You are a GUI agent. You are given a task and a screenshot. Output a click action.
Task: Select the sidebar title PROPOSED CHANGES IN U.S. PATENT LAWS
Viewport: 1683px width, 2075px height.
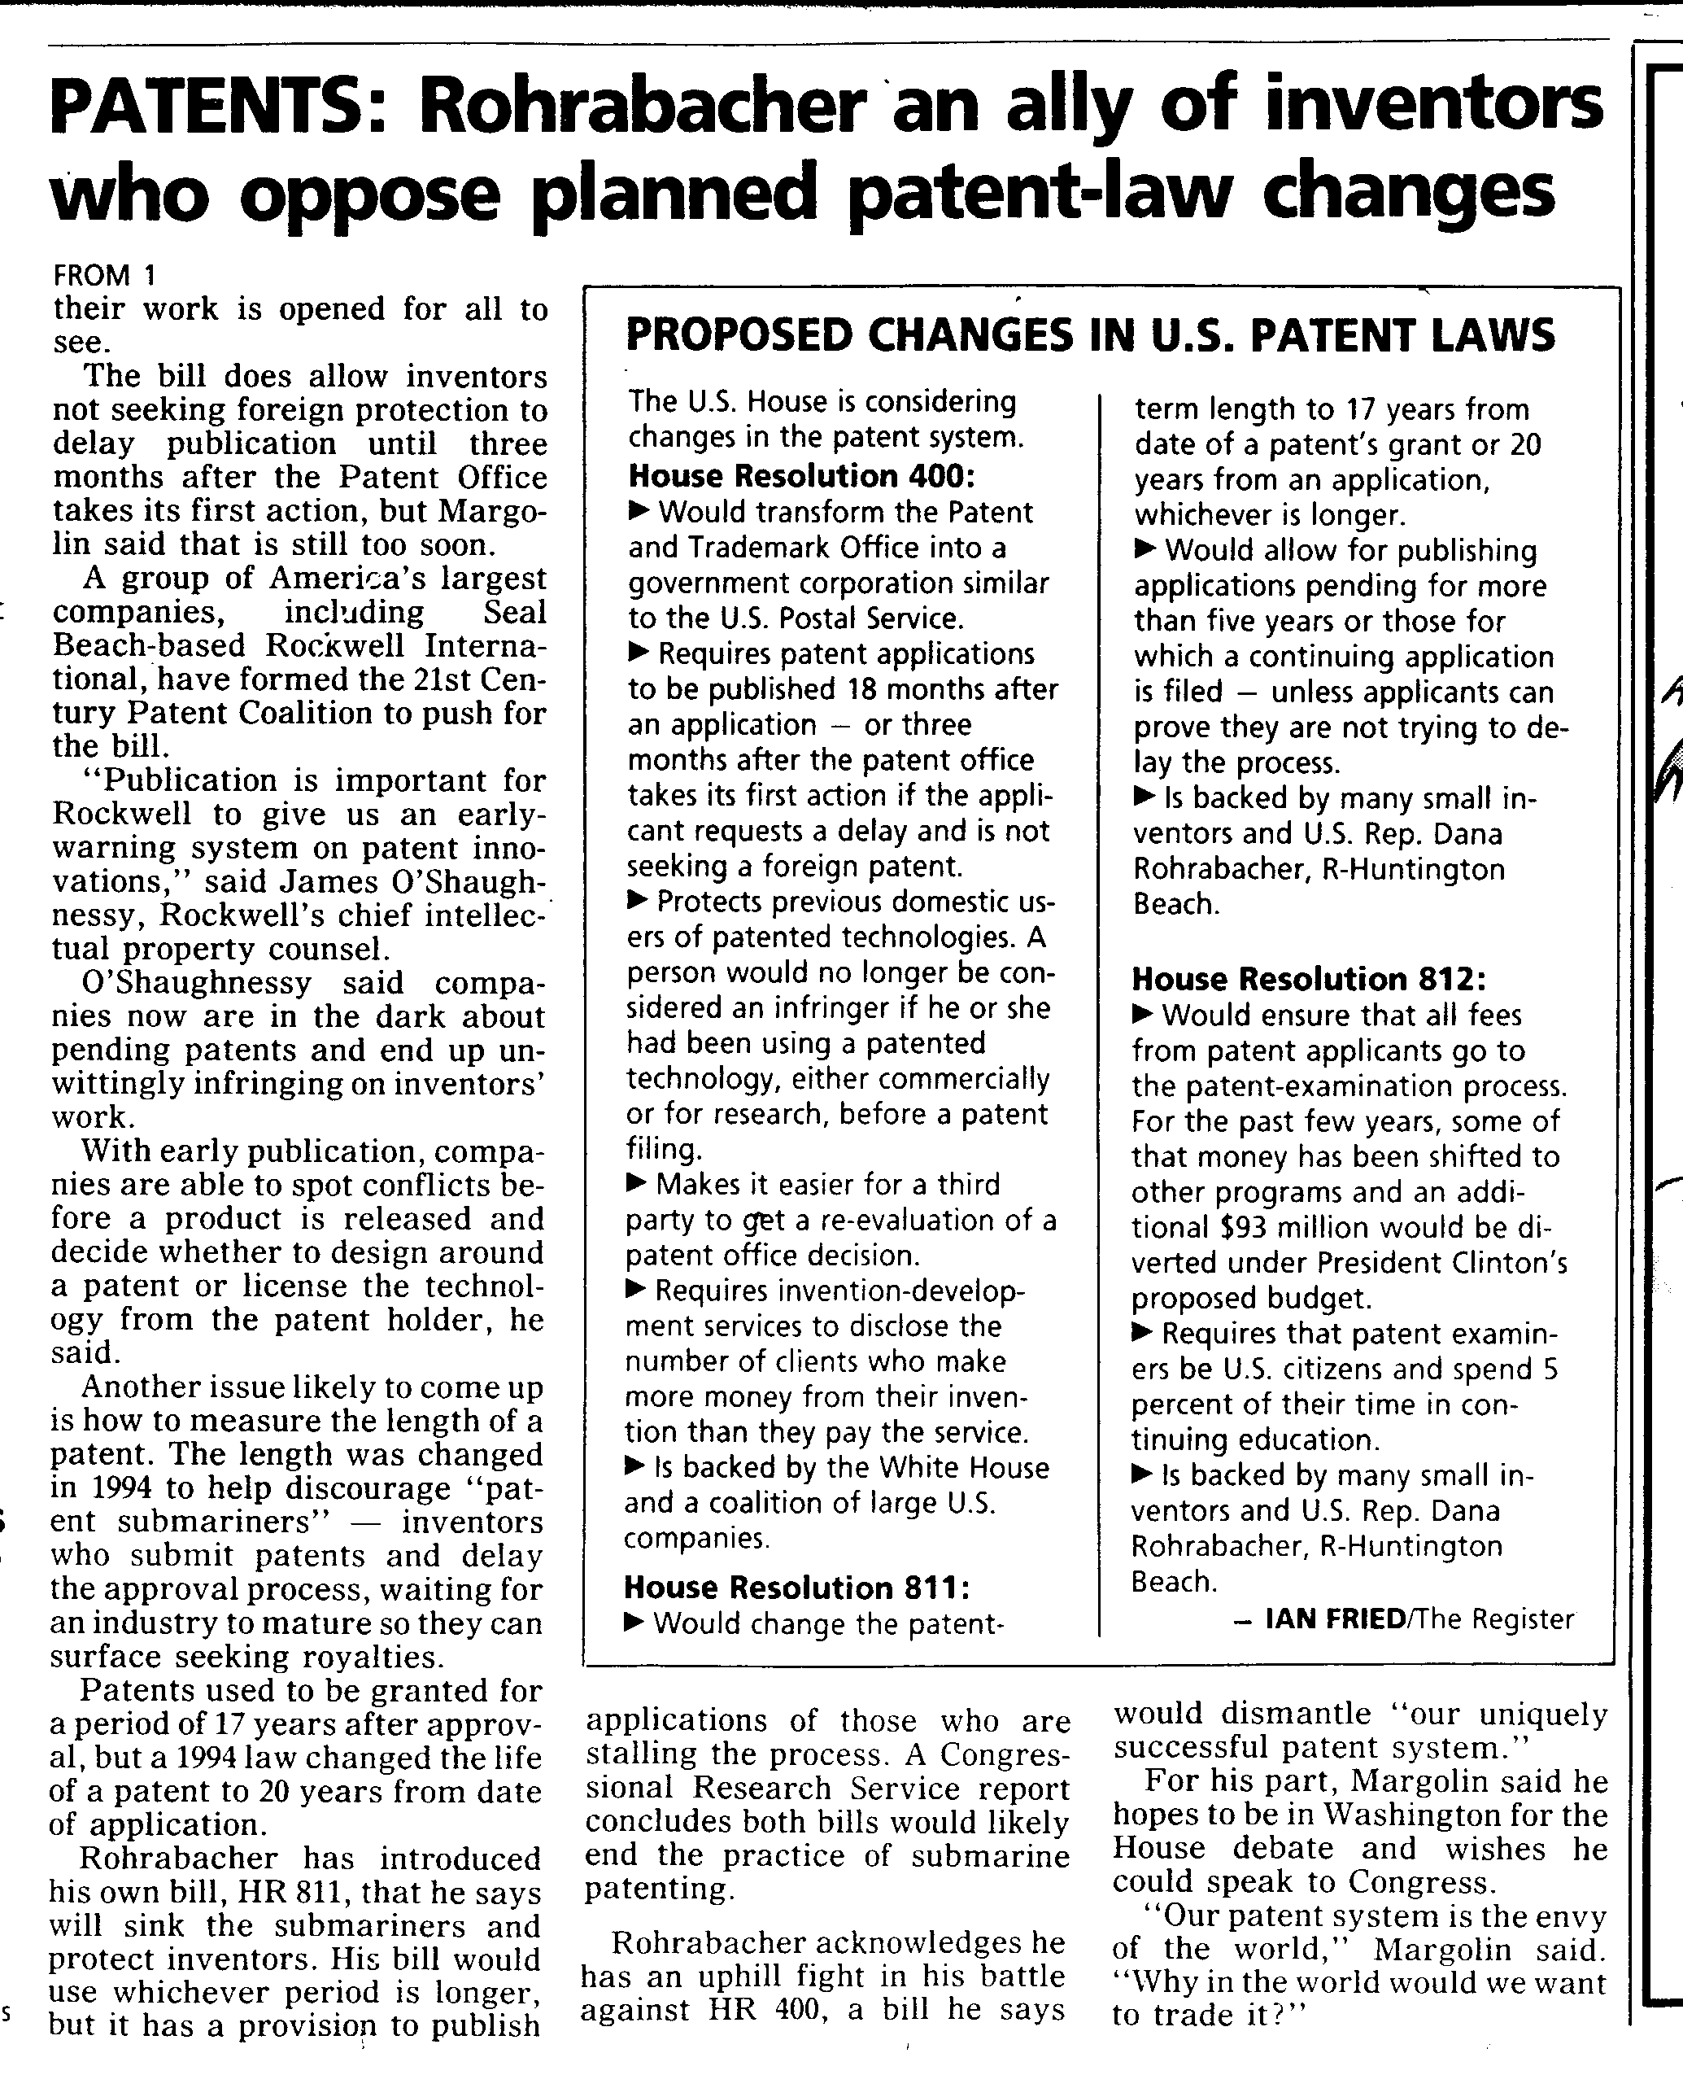click(x=1090, y=335)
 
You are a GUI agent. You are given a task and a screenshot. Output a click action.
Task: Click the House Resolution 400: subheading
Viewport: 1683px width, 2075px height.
click(x=800, y=476)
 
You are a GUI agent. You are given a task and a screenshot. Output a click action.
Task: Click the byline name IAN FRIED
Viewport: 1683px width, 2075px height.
click(x=1335, y=1618)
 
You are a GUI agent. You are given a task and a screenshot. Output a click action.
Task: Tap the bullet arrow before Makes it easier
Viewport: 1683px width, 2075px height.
click(x=637, y=1183)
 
